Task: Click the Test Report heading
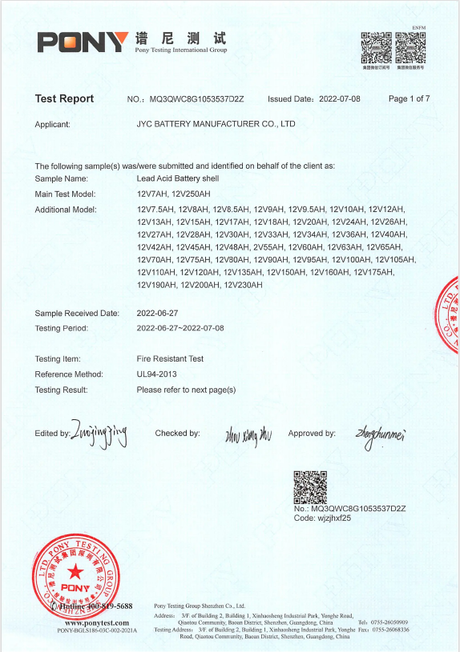(64, 99)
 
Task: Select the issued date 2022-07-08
(340, 99)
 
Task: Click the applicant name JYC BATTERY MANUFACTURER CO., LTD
(216, 125)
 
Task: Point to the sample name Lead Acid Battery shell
(178, 178)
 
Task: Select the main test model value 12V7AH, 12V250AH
(174, 194)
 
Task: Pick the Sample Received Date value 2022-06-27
(158, 313)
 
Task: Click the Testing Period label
(62, 328)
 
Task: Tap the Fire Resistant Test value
(170, 359)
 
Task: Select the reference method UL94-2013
(157, 374)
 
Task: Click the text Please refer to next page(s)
(186, 390)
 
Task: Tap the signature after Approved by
(381, 434)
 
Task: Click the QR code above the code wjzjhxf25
(310, 486)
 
